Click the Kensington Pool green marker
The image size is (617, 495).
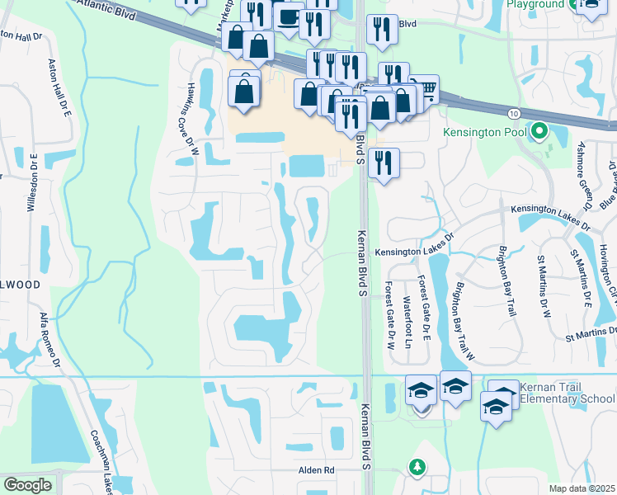(x=539, y=131)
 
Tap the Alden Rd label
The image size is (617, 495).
(x=316, y=469)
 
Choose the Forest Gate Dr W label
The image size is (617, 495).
(x=389, y=315)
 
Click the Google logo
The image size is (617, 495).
(x=27, y=485)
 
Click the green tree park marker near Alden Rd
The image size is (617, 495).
(x=418, y=469)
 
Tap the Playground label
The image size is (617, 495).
(x=535, y=4)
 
